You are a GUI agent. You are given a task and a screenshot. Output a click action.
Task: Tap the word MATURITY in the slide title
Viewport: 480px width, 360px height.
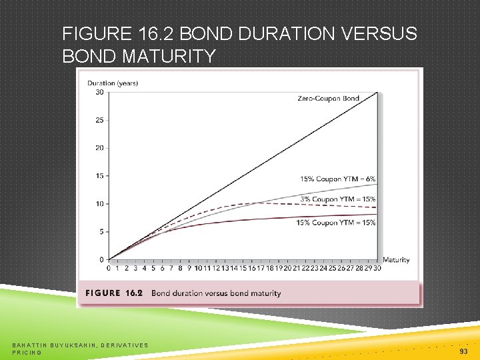click(169, 57)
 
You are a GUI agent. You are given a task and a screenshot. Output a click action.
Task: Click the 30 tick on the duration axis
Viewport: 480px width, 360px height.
click(99, 92)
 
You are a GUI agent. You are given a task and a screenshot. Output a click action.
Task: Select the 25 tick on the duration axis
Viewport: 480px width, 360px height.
click(99, 120)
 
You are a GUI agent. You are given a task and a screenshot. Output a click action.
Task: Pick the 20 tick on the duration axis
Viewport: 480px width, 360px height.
click(99, 148)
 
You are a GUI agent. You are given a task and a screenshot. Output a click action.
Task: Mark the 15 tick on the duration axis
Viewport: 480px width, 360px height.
click(99, 176)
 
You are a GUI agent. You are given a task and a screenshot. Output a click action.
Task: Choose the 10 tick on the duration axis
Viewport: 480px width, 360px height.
click(99, 204)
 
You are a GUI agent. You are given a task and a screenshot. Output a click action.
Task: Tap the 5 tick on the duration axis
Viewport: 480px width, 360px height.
click(101, 231)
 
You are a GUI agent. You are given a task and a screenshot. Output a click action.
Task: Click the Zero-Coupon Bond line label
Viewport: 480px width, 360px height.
click(328, 99)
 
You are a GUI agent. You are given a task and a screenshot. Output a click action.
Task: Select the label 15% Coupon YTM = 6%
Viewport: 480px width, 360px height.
click(337, 179)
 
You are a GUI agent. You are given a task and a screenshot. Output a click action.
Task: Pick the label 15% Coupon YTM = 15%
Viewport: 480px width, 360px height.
click(336, 223)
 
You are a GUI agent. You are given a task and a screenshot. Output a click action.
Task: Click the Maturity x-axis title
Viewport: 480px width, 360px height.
click(396, 260)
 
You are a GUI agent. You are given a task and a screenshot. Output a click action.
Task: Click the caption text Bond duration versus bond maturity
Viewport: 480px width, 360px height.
click(216, 293)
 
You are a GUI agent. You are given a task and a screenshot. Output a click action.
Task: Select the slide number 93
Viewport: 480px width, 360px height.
click(463, 351)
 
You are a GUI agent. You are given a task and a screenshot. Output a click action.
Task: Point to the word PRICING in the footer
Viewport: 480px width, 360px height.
click(27, 352)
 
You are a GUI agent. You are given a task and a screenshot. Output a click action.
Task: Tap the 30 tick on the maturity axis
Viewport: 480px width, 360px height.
click(376, 268)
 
